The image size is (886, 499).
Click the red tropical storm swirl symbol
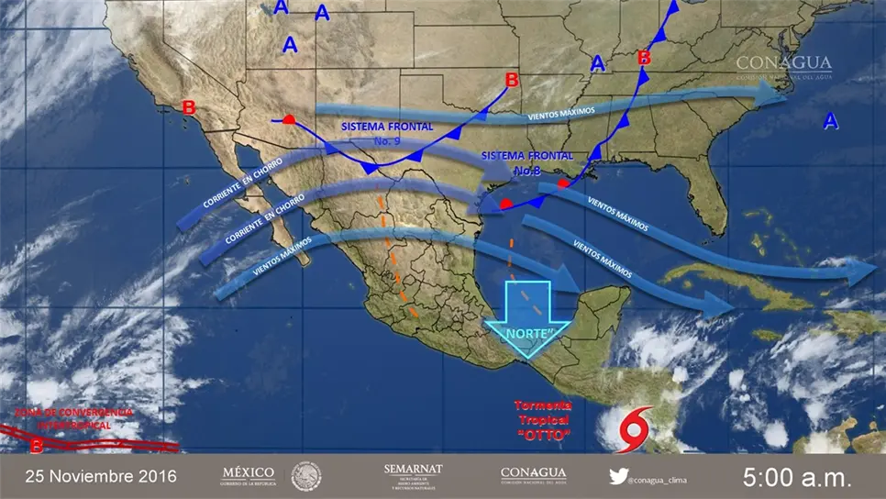coord(637,427)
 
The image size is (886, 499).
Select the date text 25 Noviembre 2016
coord(101,477)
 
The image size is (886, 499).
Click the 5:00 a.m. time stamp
coord(797,477)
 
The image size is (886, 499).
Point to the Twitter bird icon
coord(619,476)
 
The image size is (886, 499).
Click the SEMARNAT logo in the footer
coord(413,475)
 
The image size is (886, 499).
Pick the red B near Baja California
coord(189,107)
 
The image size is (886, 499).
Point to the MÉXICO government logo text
coord(249,475)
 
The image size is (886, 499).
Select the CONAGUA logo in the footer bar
coord(533,475)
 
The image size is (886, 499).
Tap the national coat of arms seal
coord(306,476)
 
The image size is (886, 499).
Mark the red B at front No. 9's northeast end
coord(512,80)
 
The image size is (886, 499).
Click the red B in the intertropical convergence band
coord(36,447)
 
